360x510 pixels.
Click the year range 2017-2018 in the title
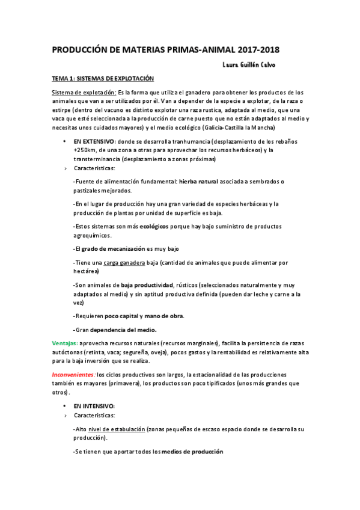tap(254, 49)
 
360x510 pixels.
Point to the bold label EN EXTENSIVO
tap(94, 141)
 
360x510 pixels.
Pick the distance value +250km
tap(87, 150)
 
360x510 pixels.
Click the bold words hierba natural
tap(203, 181)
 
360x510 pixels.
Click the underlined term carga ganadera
tap(121, 262)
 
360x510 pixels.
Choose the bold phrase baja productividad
tap(147, 284)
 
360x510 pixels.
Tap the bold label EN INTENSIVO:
tap(94, 406)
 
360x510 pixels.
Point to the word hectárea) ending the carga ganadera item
tap(87, 271)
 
